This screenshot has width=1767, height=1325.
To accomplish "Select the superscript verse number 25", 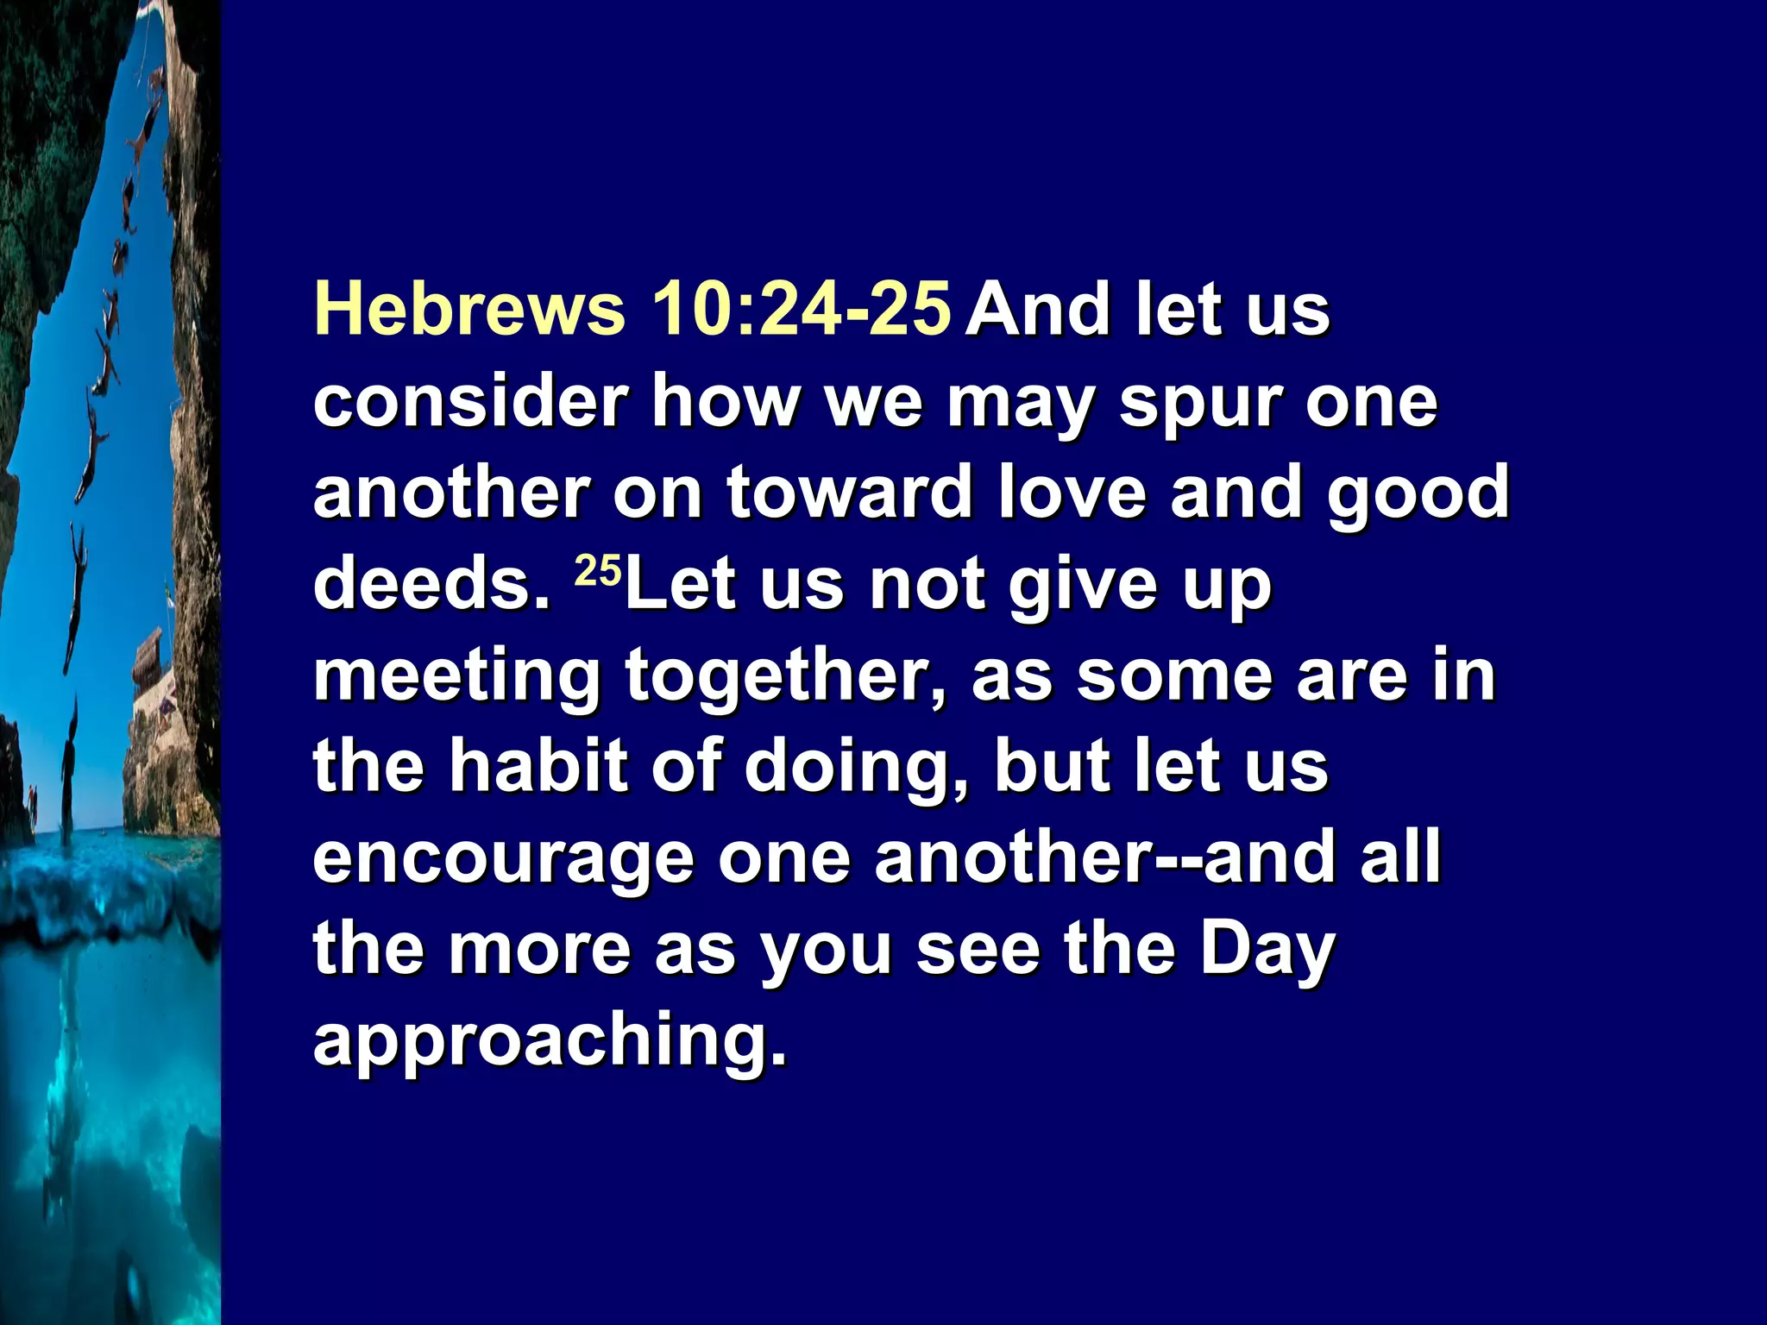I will click(x=597, y=571).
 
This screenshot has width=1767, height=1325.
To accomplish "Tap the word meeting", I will click(x=456, y=678).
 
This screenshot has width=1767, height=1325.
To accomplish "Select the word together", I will click(x=785, y=678).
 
